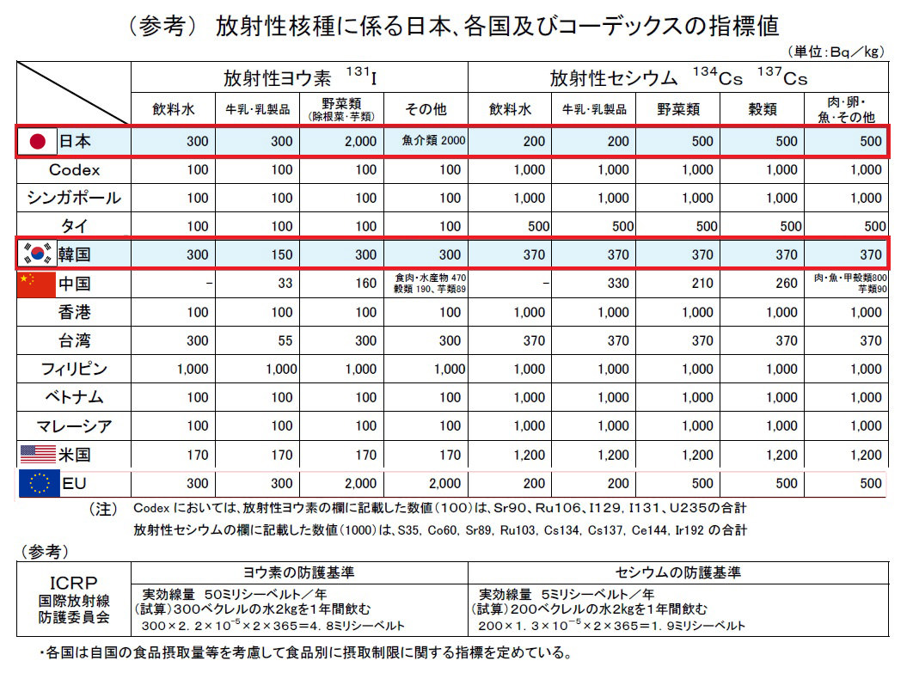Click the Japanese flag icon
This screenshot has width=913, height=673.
37,141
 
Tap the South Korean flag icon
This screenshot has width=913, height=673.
37,254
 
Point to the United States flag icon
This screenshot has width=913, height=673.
36,454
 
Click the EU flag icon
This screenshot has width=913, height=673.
38,483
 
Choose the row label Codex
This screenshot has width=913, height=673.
74,169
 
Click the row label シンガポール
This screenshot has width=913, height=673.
74,198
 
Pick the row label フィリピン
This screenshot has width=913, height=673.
74,369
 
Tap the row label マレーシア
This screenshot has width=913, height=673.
74,425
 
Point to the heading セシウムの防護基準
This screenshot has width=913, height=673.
678,572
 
